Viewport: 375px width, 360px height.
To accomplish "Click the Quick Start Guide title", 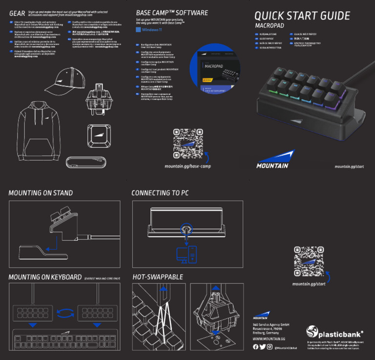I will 302,16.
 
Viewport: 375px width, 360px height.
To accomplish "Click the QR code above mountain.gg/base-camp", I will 188,144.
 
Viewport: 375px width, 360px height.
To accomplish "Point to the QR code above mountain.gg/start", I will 309,261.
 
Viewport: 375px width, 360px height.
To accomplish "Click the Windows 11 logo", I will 139,30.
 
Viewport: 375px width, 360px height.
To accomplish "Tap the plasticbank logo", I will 334,334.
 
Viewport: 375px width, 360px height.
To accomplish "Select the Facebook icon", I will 256,347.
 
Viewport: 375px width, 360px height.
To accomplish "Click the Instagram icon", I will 270,347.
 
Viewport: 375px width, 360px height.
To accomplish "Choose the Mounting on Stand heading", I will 41,193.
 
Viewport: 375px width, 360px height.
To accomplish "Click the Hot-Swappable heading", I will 158,277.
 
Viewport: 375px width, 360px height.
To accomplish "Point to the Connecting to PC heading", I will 160,193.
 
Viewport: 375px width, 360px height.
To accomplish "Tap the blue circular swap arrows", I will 65,312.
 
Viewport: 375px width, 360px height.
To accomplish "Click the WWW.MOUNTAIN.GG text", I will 269,339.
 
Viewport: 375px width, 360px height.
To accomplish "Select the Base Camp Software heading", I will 172,13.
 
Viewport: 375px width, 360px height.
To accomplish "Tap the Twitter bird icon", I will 263,347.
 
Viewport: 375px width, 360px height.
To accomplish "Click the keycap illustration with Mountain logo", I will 101,136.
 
